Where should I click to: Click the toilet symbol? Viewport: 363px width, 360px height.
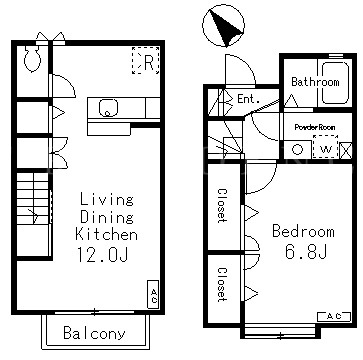tap(32, 58)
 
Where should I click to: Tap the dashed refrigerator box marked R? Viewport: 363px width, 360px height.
tap(146, 60)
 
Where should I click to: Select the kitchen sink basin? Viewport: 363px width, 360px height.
tap(109, 108)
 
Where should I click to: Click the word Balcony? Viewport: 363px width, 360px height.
tap(94, 333)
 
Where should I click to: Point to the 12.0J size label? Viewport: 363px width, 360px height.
tap(103, 254)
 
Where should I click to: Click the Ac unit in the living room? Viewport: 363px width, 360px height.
tap(153, 294)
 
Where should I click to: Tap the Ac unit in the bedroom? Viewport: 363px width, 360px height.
tap(334, 317)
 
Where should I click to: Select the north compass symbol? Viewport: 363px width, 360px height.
tap(223, 25)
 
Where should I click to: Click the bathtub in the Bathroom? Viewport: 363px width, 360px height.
tap(335, 82)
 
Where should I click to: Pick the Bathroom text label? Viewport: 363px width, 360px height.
tap(315, 82)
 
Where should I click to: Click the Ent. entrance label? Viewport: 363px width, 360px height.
tap(248, 99)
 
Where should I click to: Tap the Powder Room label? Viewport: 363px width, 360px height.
tap(315, 127)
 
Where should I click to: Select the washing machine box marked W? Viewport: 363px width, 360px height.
tap(325, 147)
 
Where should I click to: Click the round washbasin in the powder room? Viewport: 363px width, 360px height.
tap(297, 149)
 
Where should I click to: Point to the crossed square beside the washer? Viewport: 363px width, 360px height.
tap(346, 150)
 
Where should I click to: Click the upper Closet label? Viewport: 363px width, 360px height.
tap(222, 205)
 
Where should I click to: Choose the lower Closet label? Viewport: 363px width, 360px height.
tap(222, 284)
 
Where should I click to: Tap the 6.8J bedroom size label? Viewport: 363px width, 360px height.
tap(305, 251)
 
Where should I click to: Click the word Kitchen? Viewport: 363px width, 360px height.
tap(106, 234)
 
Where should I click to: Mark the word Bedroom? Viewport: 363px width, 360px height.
tap(303, 231)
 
